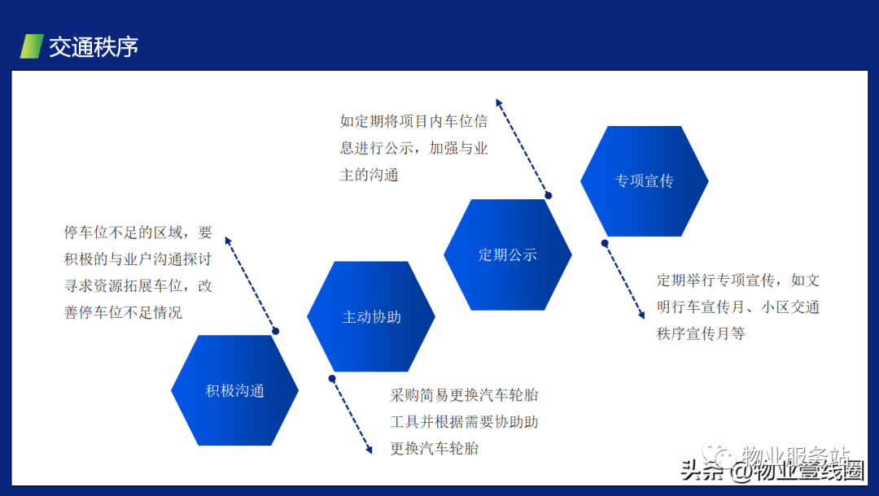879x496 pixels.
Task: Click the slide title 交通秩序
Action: pyautogui.click(x=93, y=47)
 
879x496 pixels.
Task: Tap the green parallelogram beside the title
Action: pyautogui.click(x=32, y=46)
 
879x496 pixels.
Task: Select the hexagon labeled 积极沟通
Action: pyautogui.click(x=235, y=390)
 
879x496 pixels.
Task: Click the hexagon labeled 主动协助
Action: pyautogui.click(x=371, y=316)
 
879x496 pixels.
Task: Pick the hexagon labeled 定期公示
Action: pyautogui.click(x=507, y=255)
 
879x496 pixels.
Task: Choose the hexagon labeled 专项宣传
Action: pyautogui.click(x=644, y=181)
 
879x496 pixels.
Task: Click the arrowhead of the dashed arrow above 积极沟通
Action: pyautogui.click(x=228, y=241)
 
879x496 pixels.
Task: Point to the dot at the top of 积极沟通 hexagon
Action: pyautogui.click(x=275, y=331)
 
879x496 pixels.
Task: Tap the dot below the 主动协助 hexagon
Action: pyautogui.click(x=332, y=378)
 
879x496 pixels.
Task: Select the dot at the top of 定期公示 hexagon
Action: pyautogui.click(x=549, y=195)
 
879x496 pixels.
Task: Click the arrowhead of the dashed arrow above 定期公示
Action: pyautogui.click(x=499, y=103)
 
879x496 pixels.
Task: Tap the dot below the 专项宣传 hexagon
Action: pyautogui.click(x=604, y=243)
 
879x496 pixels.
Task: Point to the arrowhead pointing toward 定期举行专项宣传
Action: pyautogui.click(x=641, y=315)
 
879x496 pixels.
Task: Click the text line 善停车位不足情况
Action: pyautogui.click(x=124, y=312)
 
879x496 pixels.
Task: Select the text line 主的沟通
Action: pyautogui.click(x=369, y=175)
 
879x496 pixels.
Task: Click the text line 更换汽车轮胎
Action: pyautogui.click(x=435, y=448)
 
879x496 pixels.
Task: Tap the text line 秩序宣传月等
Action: pyautogui.click(x=701, y=333)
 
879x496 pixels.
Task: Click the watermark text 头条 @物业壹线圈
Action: pyautogui.click(x=772, y=471)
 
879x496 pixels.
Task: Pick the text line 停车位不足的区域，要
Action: pyautogui.click(x=138, y=232)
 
